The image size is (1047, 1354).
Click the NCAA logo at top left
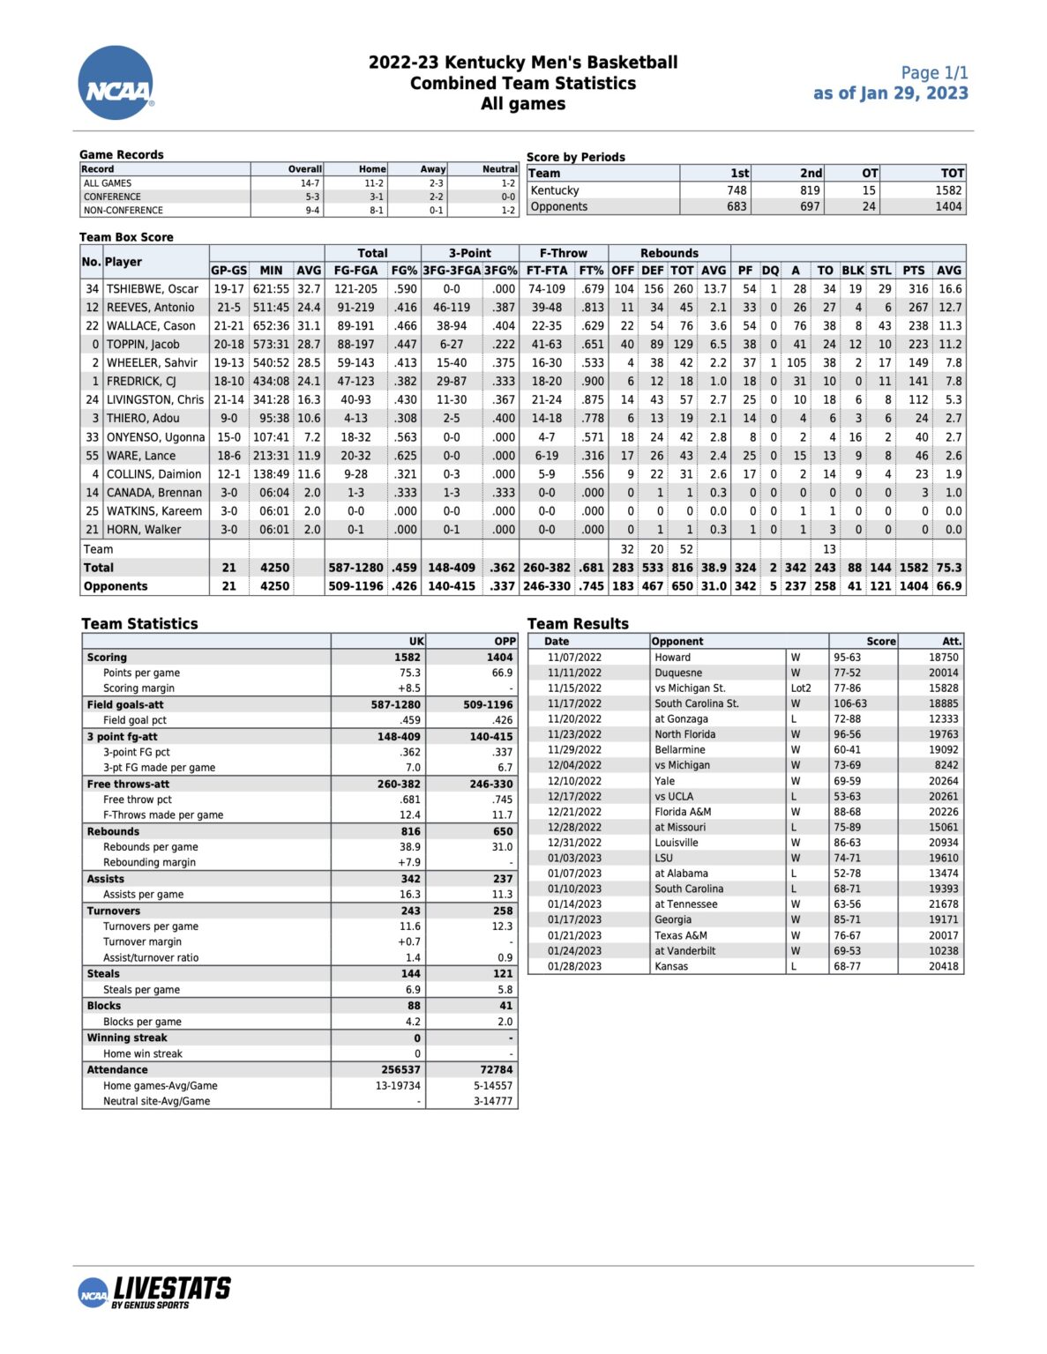tap(116, 84)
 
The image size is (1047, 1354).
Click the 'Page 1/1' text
tap(933, 73)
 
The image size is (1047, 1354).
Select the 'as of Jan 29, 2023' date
tap(890, 93)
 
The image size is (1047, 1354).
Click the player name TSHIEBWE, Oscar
tap(153, 289)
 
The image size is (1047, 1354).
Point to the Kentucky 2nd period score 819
tap(810, 190)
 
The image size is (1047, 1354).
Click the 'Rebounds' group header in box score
tap(669, 253)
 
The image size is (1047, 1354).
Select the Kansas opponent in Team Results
tap(671, 966)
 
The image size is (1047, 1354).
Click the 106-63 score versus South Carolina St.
tap(850, 703)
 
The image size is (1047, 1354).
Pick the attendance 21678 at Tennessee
tap(943, 904)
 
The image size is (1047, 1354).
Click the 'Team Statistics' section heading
tap(139, 623)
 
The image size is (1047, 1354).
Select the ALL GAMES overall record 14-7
tap(310, 183)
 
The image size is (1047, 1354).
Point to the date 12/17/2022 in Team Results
tap(574, 796)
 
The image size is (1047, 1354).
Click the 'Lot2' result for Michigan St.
tap(800, 688)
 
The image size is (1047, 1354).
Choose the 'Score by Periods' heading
tap(575, 157)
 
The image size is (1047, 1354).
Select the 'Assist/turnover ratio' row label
tap(151, 957)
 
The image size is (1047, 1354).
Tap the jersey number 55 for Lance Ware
tap(92, 456)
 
